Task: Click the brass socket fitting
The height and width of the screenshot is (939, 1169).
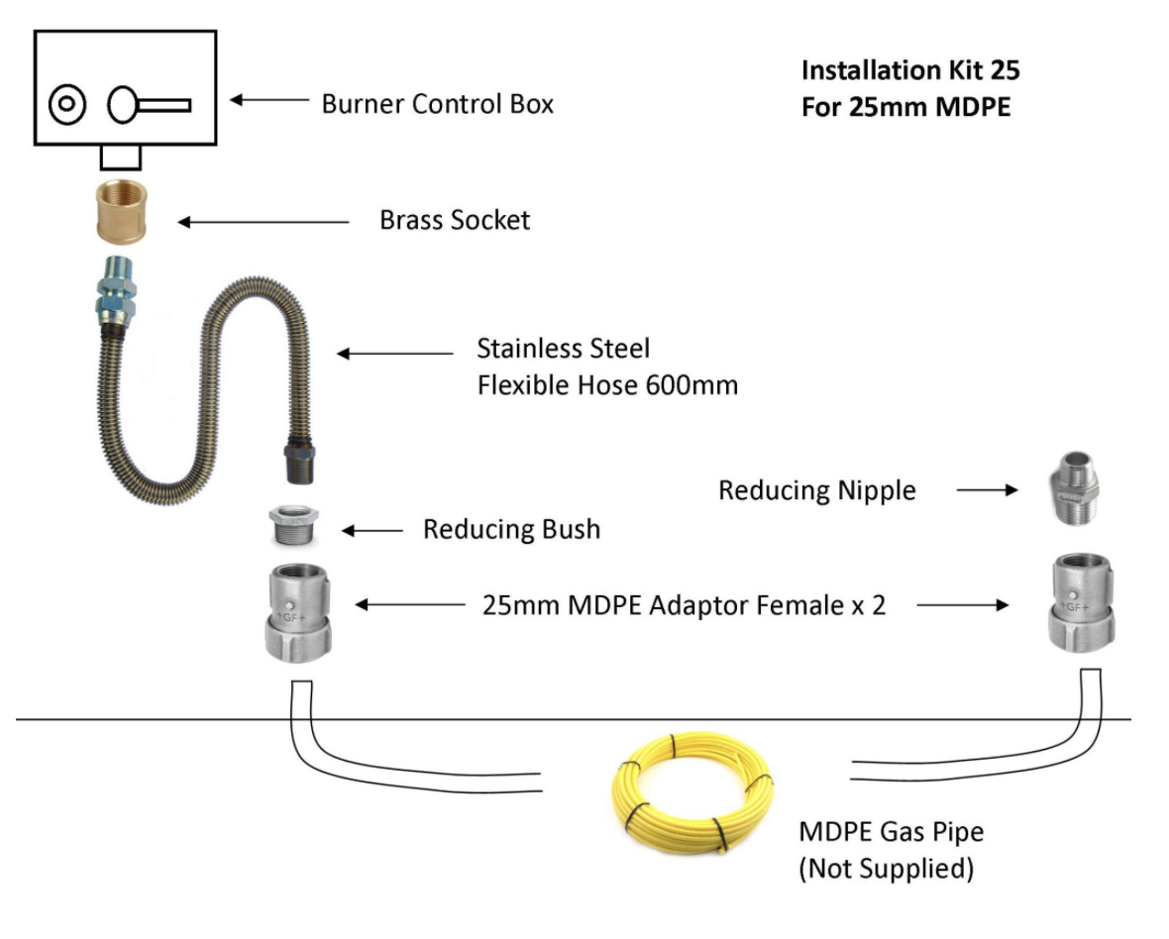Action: click(x=122, y=211)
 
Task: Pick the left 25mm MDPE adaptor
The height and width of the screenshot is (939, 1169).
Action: click(x=294, y=613)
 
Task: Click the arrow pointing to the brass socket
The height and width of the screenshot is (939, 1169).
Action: click(x=263, y=222)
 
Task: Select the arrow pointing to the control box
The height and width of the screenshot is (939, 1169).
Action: click(x=268, y=99)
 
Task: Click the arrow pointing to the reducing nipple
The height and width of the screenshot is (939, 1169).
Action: click(x=987, y=489)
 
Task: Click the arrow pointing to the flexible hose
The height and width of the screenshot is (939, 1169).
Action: click(x=394, y=353)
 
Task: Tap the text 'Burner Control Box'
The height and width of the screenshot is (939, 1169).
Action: click(x=437, y=103)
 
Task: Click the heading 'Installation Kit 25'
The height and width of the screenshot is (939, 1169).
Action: click(x=909, y=70)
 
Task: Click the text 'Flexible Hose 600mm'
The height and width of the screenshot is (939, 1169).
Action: click(x=607, y=385)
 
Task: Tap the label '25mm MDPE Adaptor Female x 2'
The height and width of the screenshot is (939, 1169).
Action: click(x=684, y=605)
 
